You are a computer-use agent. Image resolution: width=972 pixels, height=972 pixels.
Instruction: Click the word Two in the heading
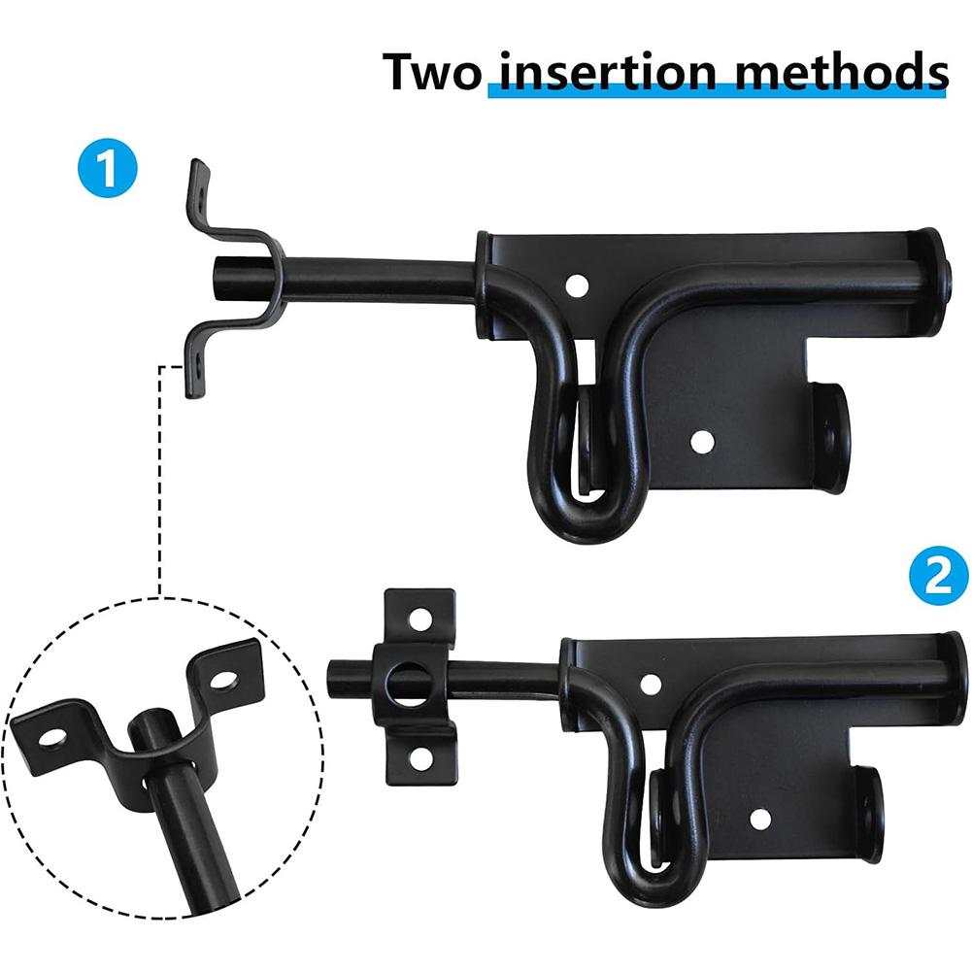431,72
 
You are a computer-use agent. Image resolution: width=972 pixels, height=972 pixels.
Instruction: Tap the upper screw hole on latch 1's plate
577,285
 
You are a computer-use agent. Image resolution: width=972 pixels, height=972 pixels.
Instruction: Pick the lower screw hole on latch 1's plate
698,442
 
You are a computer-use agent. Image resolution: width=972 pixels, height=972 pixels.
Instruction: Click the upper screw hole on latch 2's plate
651,684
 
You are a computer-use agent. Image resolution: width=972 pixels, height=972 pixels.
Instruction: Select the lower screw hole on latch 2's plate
760,819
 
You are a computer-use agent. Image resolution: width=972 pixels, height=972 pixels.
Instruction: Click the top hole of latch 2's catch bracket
419,618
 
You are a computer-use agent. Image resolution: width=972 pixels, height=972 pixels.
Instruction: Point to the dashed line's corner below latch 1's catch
159,366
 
